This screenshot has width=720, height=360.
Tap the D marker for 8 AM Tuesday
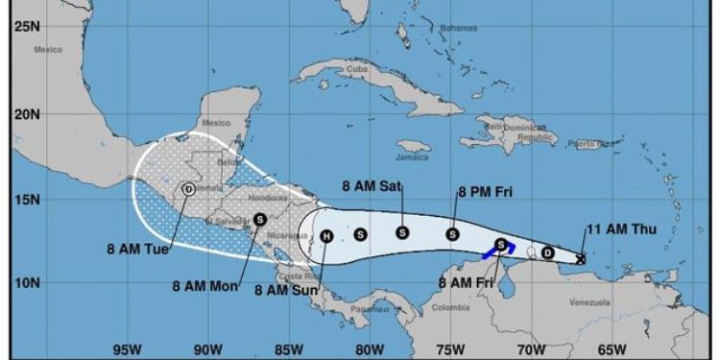(188, 189)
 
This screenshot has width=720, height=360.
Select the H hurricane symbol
(326, 235)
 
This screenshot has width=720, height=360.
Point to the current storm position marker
(581, 257)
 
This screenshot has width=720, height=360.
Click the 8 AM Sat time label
(372, 186)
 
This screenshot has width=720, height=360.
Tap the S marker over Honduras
(260, 219)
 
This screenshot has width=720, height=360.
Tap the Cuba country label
(357, 69)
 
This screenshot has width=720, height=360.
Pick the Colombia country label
(450, 307)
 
